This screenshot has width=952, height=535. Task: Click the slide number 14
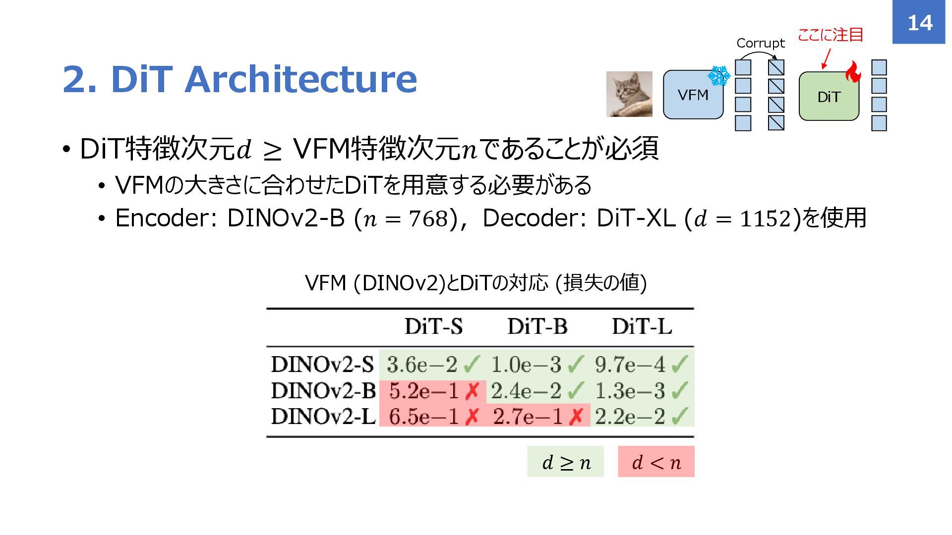919,23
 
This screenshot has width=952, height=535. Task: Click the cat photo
629,94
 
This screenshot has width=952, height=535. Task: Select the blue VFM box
693,95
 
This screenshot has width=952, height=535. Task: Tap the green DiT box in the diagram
829,97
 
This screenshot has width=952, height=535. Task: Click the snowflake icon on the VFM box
718,76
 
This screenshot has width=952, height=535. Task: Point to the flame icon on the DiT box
853,72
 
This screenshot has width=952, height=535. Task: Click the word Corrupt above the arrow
760,43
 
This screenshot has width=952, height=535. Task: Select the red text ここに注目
831,35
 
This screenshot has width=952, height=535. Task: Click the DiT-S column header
433,326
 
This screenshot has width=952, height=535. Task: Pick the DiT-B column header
537,326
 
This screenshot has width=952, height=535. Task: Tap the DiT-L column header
642,326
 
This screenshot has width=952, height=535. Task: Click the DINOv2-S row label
322,365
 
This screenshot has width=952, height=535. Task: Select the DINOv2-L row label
323,416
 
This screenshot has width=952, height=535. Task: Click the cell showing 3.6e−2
422,365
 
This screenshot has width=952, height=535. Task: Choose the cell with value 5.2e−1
424,391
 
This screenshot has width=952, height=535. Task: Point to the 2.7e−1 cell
528,417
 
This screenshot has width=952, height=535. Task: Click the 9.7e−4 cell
630,365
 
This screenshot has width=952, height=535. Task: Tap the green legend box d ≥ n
565,462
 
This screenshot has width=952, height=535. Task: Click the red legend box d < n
656,462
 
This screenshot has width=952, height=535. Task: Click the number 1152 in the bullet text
765,218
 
